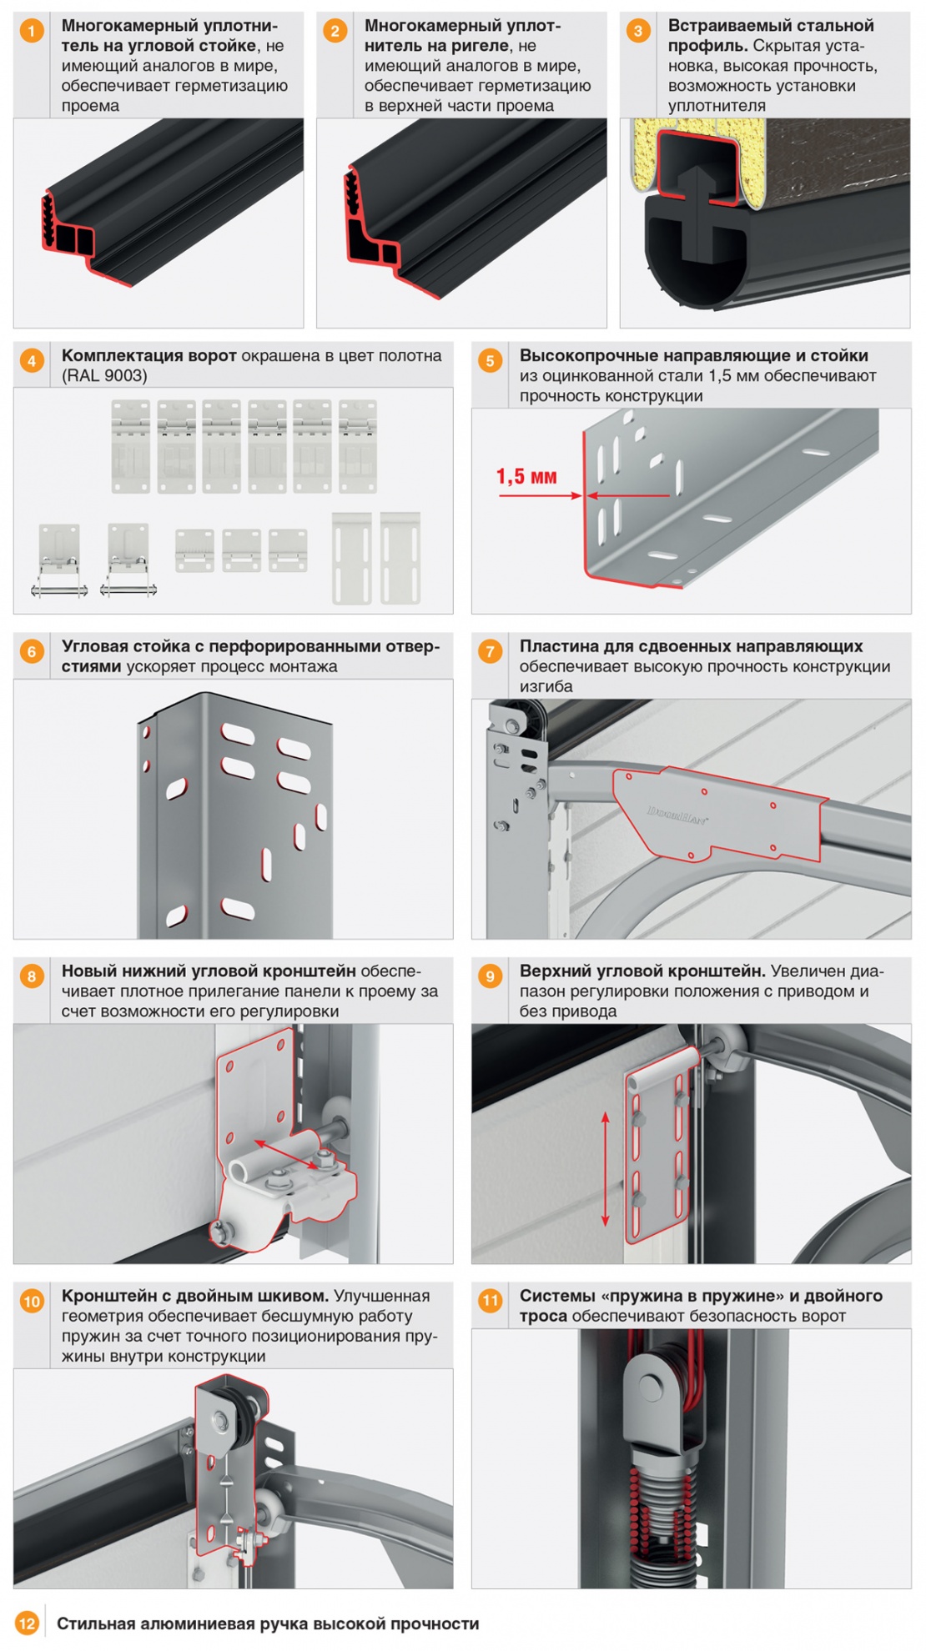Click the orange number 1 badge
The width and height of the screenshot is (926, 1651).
click(x=32, y=32)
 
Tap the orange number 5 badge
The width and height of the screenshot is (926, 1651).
click(x=490, y=361)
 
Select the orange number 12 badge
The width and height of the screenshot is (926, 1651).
click(x=27, y=1623)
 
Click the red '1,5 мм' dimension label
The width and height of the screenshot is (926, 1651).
click(x=526, y=477)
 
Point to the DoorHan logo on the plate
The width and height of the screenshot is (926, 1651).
click(x=677, y=813)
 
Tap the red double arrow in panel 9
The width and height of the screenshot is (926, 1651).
click(x=606, y=1168)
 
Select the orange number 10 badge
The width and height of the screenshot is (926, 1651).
click(x=32, y=1302)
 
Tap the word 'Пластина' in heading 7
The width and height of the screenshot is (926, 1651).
click(x=558, y=646)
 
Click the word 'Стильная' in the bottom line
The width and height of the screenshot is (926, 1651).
click(x=97, y=1624)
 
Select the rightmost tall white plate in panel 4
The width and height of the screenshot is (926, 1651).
click(x=400, y=558)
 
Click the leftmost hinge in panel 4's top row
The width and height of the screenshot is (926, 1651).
click(x=131, y=446)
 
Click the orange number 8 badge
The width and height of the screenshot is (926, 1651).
click(x=32, y=976)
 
